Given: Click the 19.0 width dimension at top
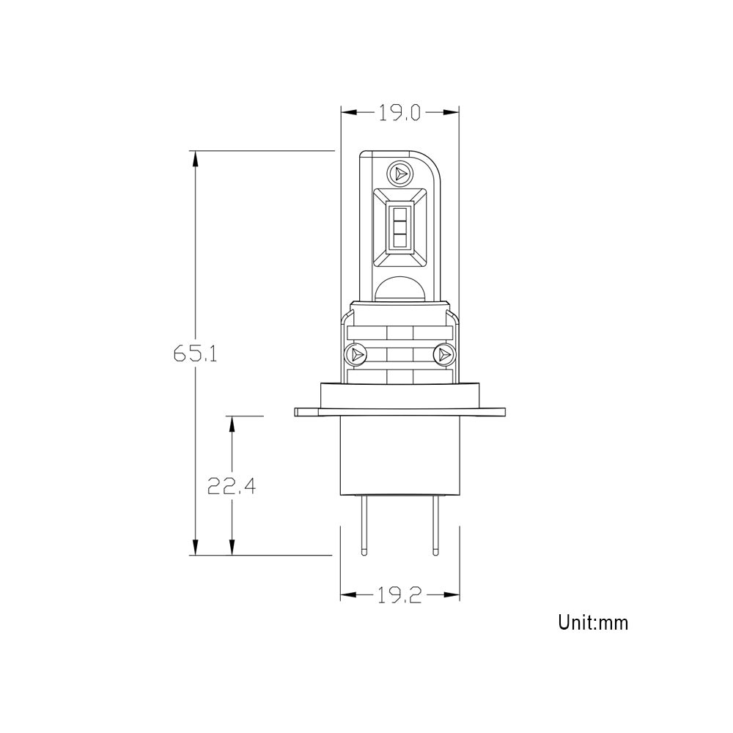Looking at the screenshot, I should click(x=399, y=112).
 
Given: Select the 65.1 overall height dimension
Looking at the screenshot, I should click(x=195, y=354).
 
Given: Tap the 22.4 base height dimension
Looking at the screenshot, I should click(x=232, y=486).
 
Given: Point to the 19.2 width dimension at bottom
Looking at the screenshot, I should click(x=399, y=596).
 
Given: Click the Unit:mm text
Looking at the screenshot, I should click(x=593, y=623).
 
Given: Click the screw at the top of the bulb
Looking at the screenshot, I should click(x=399, y=173).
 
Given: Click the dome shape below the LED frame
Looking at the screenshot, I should click(x=399, y=290).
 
